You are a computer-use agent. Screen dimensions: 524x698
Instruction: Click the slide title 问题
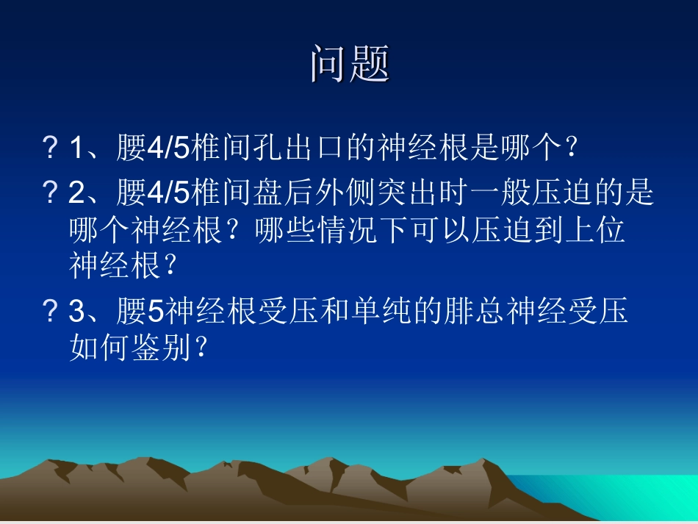click(349, 64)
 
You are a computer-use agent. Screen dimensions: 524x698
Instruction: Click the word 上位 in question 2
click(594, 231)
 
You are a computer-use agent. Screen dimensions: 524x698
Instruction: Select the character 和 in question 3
click(333, 312)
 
